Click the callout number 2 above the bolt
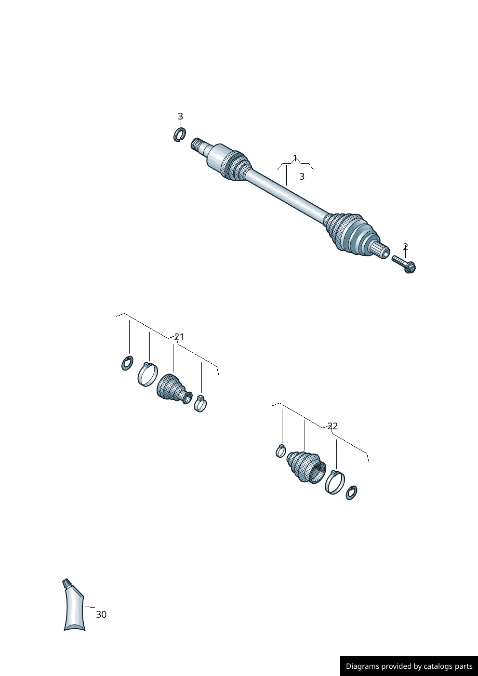click(405, 247)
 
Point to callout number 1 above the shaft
click(295, 158)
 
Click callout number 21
click(179, 337)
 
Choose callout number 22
click(332, 426)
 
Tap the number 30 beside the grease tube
click(101, 614)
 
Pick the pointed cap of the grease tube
click(66, 583)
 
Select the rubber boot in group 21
click(173, 389)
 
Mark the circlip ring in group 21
click(127, 363)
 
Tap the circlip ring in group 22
click(351, 493)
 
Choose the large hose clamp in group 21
click(147, 374)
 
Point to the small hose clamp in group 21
click(200, 403)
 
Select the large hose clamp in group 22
click(335, 482)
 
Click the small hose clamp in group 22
click(280, 451)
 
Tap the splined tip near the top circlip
click(198, 145)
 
